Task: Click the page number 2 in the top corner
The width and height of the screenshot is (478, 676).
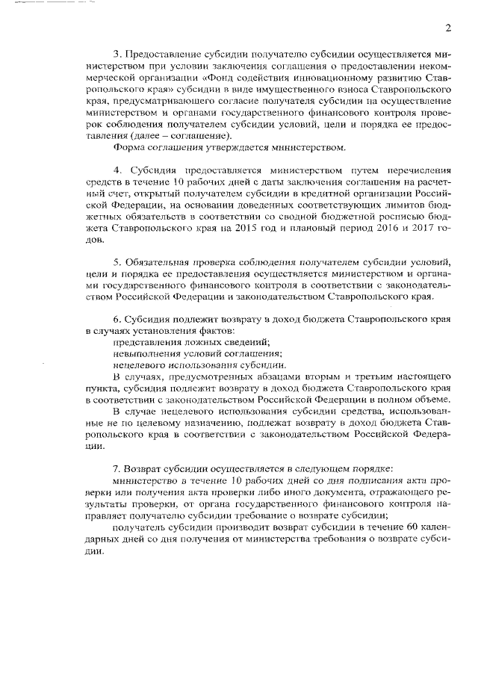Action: [447, 28]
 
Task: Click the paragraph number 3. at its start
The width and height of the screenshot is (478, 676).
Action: [117, 55]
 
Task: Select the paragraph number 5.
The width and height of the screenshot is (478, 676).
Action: [117, 262]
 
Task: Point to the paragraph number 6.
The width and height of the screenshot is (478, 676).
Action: [117, 319]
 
